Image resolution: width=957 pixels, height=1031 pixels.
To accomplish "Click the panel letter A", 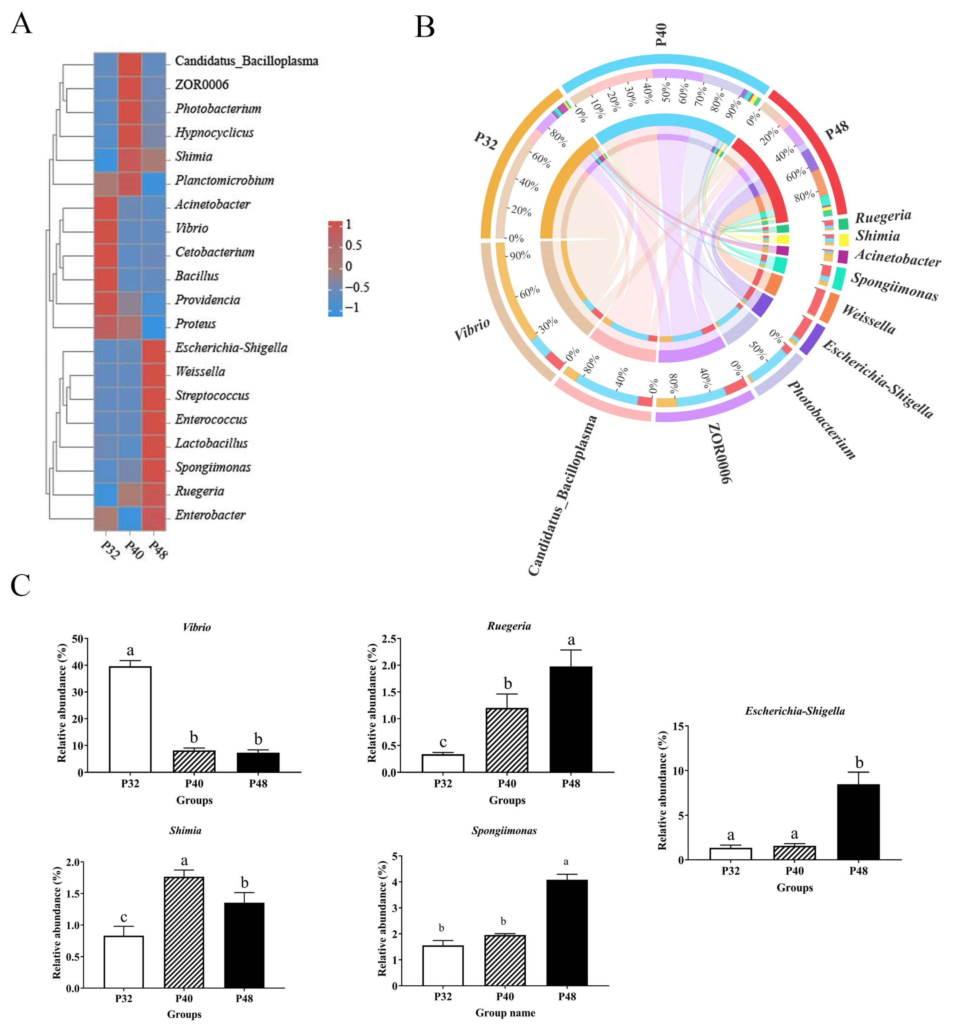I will click(21, 24).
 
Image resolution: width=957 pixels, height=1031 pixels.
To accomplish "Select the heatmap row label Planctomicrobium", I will click(224, 180).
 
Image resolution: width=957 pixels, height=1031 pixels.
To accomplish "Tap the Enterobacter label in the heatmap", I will click(210, 515).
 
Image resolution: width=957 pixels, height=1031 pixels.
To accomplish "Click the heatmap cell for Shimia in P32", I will click(106, 156).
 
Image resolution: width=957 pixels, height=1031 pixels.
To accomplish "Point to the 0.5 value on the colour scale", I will click(354, 245).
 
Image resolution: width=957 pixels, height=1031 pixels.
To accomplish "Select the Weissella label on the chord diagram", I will click(868, 319).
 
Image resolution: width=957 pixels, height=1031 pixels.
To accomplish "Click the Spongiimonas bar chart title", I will click(504, 831).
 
